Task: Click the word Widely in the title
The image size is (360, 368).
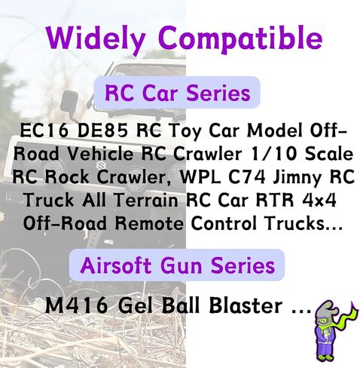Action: (96, 39)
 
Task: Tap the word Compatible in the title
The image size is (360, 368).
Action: (240, 39)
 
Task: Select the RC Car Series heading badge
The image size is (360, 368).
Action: (177, 93)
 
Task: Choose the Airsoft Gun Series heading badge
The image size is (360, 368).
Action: (177, 265)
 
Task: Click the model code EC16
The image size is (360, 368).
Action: (44, 130)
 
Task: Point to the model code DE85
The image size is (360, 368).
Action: (102, 130)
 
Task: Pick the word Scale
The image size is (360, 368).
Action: (329, 154)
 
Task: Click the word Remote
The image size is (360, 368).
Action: (149, 223)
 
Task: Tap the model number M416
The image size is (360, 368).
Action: (76, 305)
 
